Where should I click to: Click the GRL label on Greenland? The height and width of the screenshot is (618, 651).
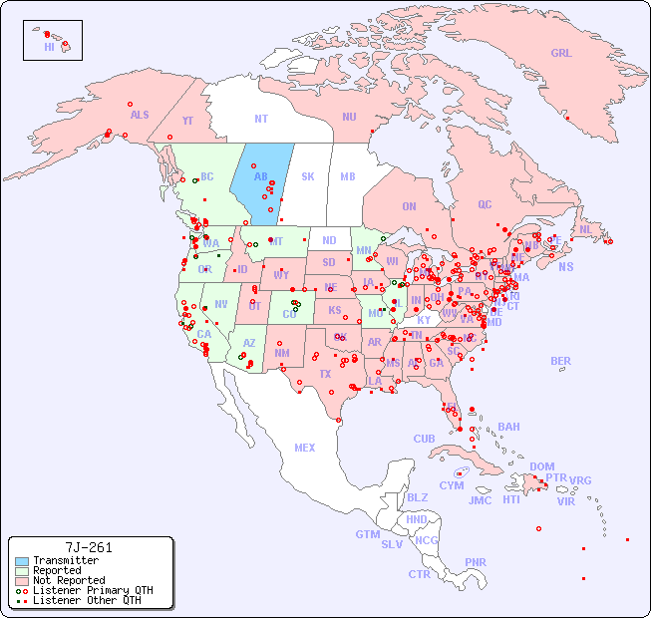pyautogui.click(x=561, y=53)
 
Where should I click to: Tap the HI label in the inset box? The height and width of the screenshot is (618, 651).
pyautogui.click(x=49, y=47)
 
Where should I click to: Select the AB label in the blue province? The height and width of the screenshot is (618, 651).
pyautogui.click(x=260, y=176)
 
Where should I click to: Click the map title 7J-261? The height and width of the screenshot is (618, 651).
pyautogui.click(x=89, y=547)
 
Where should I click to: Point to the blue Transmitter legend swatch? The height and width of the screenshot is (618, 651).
pyautogui.click(x=20, y=561)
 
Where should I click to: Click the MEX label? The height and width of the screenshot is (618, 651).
pyautogui.click(x=305, y=448)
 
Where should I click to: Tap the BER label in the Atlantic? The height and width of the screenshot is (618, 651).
pyautogui.click(x=560, y=361)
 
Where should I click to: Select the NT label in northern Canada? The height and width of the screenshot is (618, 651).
pyautogui.click(x=260, y=118)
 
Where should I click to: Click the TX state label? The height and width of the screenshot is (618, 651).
pyautogui.click(x=324, y=374)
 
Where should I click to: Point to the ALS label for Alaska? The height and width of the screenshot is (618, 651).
pyautogui.click(x=140, y=115)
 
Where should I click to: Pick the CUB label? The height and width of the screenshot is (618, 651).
pyautogui.click(x=424, y=439)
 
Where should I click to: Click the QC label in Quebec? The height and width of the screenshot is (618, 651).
pyautogui.click(x=485, y=204)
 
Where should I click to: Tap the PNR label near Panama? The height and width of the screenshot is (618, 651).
pyautogui.click(x=476, y=562)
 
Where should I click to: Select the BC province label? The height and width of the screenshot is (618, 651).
pyautogui.click(x=207, y=176)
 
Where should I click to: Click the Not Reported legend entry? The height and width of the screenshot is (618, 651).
pyautogui.click(x=69, y=580)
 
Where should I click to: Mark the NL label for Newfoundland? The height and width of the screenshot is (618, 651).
pyautogui.click(x=585, y=228)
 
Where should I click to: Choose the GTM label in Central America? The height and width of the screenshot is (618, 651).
pyautogui.click(x=368, y=534)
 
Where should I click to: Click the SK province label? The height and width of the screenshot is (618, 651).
pyautogui.click(x=308, y=176)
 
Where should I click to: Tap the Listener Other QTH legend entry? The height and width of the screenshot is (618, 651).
pyautogui.click(x=86, y=600)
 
